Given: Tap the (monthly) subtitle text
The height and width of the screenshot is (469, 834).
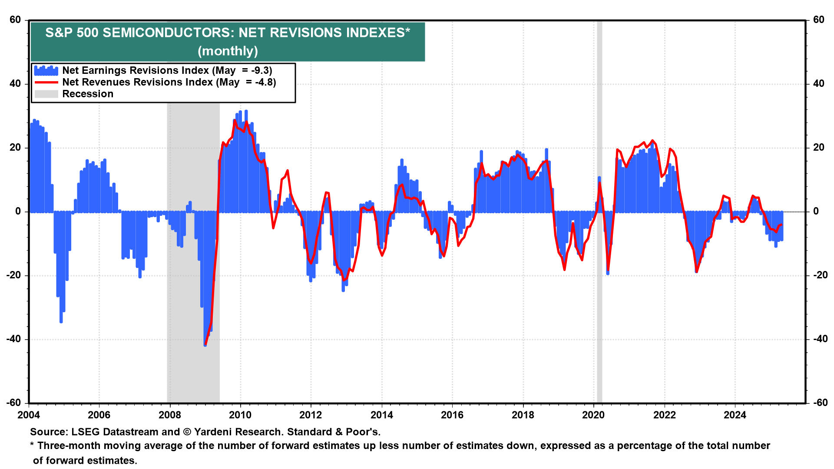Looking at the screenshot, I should point(228,51).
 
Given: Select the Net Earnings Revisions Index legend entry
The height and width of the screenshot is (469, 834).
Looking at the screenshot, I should point(136,70).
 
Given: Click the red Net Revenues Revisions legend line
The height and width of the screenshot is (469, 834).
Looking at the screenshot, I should point(46,82).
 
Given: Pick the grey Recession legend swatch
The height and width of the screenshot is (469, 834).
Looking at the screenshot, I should point(46,94).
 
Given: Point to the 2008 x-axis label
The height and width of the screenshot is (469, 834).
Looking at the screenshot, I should point(169,415).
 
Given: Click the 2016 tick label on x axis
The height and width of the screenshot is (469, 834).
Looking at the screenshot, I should point(452,415).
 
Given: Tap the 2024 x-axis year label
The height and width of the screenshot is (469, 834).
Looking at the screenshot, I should point(735,415).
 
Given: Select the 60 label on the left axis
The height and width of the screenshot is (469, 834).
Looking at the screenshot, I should point(15,20).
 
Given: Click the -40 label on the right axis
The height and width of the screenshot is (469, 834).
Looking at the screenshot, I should point(818,339).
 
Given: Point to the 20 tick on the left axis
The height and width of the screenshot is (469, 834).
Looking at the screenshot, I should point(15,148).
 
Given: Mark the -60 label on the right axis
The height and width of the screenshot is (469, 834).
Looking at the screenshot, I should point(818,403).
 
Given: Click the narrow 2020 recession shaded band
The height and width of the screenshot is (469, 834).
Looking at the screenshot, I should point(599,304).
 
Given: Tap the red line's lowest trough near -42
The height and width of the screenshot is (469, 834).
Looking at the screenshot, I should point(205,344).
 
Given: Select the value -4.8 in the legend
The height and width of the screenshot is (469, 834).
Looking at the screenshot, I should point(265,82).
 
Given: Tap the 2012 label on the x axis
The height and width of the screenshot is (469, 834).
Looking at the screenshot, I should point(311,415).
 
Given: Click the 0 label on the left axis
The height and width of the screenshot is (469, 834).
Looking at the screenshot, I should point(18,211).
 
